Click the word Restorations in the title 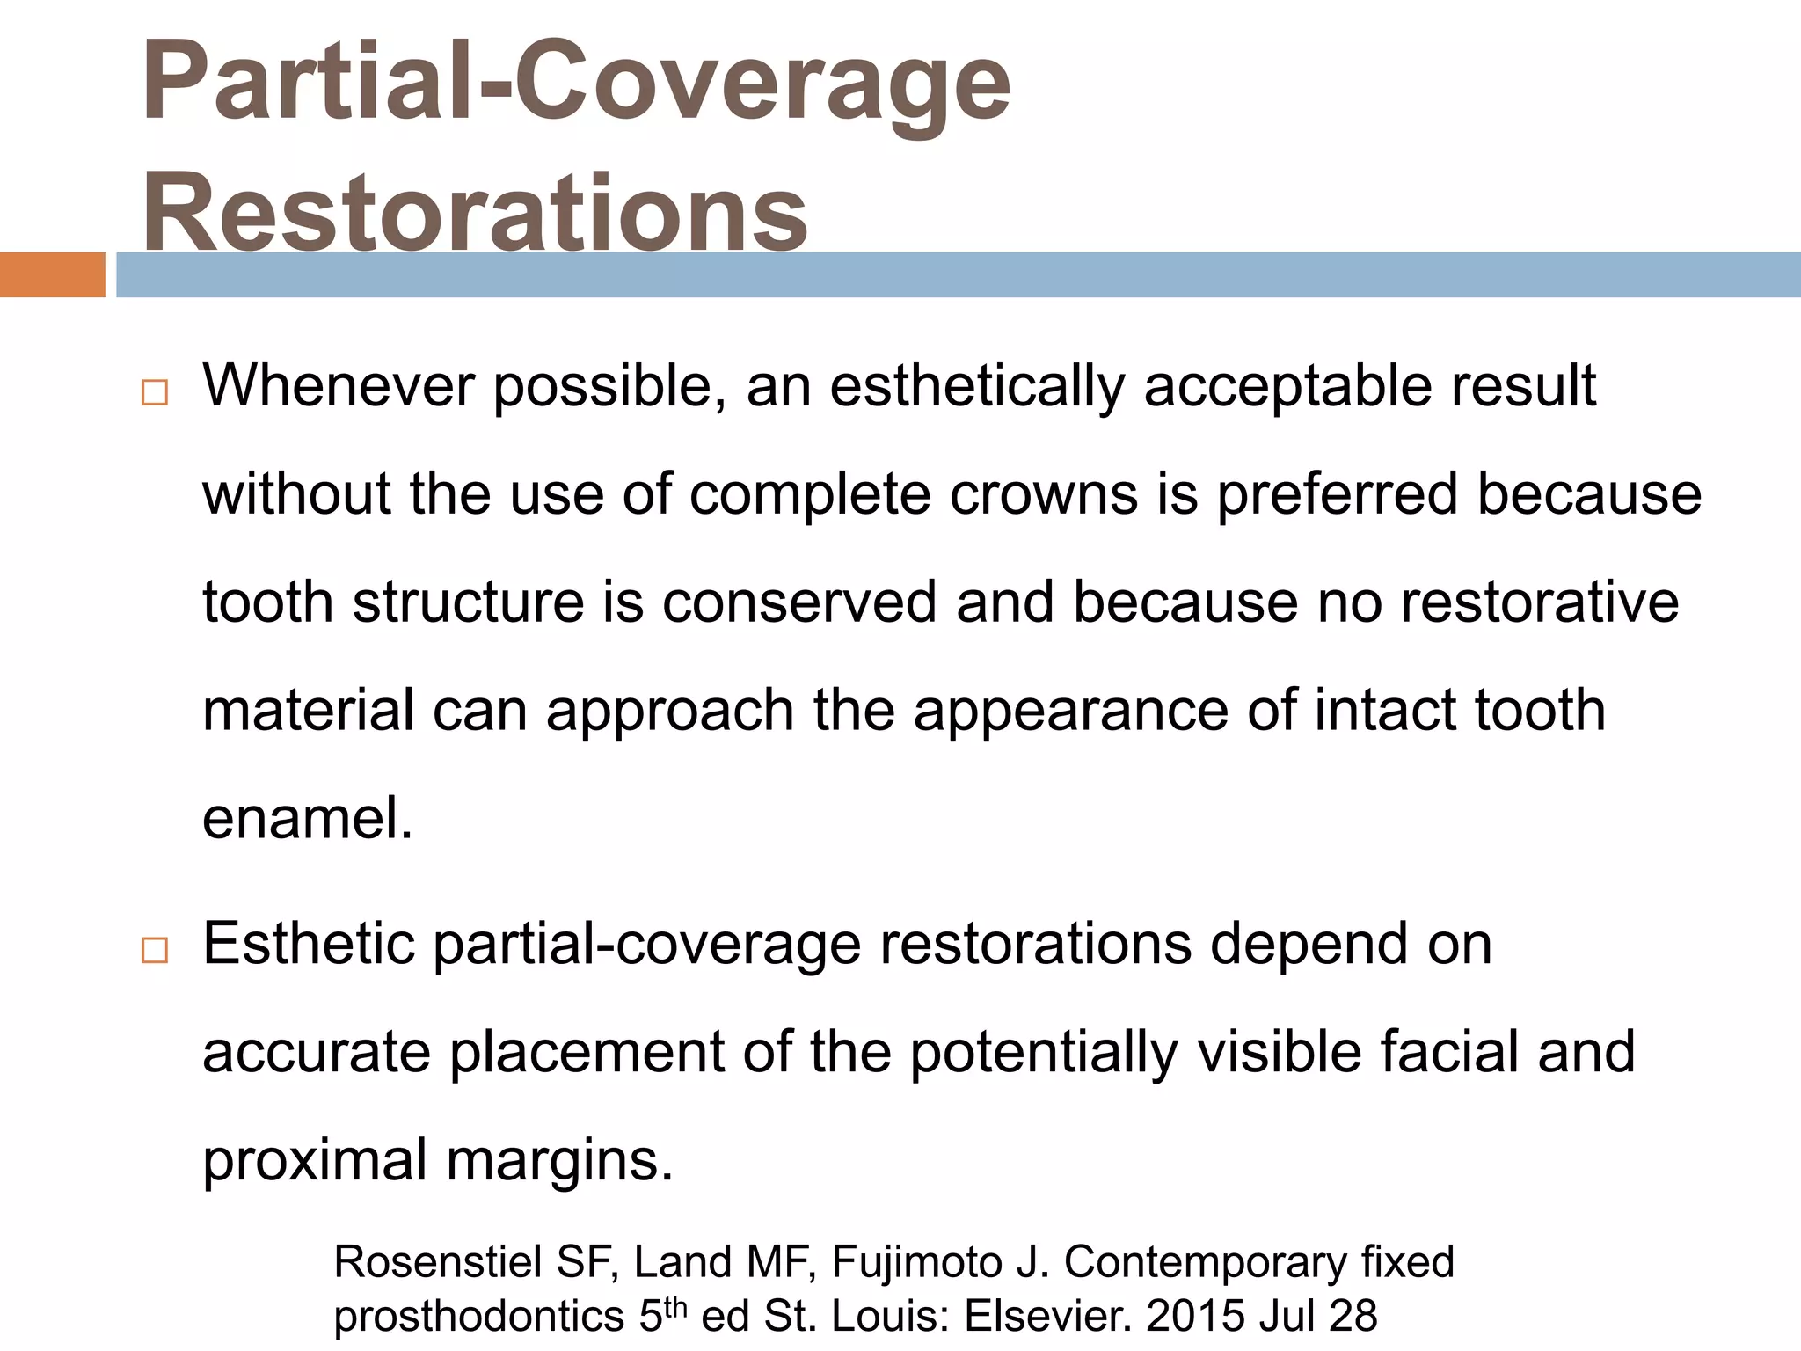(x=475, y=213)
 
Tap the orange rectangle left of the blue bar (x=52, y=274)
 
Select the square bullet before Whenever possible (x=154, y=392)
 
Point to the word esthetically (x=976, y=387)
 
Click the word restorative (x=1539, y=602)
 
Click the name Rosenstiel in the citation (x=438, y=1262)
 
